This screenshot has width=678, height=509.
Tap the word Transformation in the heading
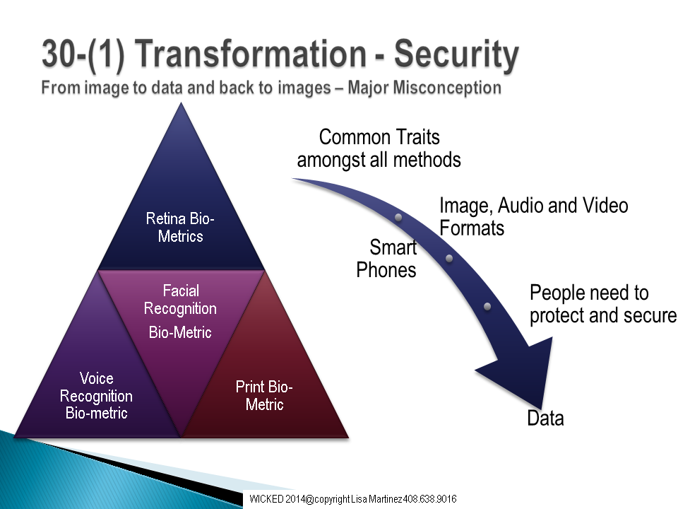tap(253, 54)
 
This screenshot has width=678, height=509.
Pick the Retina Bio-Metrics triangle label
tap(180, 227)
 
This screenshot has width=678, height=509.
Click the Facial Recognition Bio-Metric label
tap(180, 311)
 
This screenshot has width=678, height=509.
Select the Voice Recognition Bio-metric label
tap(96, 396)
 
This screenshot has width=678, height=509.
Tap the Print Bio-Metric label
tap(264, 395)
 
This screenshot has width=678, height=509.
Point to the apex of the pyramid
tap(182, 103)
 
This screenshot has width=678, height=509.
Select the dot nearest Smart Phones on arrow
tap(398, 217)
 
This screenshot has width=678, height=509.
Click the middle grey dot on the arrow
tap(449, 259)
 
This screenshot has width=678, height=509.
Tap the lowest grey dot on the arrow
tap(487, 306)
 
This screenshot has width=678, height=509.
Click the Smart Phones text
tap(386, 259)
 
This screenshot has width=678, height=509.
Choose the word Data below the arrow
tap(546, 419)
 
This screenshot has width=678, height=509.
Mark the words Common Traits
tap(379, 137)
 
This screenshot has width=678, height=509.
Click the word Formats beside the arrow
tap(472, 228)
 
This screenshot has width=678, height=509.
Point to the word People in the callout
tap(558, 293)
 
